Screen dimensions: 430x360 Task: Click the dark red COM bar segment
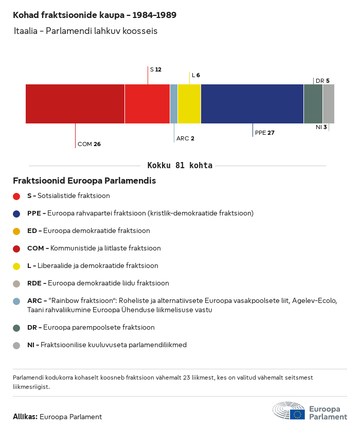pyautogui.click(x=75, y=104)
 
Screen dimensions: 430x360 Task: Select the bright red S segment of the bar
pyautogui.click(x=147, y=104)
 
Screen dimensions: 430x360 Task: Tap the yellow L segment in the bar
pyautogui.click(x=189, y=104)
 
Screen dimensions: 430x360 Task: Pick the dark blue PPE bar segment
pyautogui.click(x=252, y=104)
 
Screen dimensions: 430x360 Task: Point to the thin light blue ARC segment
pyautogui.click(x=174, y=104)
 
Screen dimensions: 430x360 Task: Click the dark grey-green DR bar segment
pyautogui.click(x=313, y=104)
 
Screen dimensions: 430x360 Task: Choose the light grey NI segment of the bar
pyautogui.click(x=329, y=104)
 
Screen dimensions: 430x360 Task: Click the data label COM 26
pyautogui.click(x=89, y=144)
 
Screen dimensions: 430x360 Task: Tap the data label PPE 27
pyautogui.click(x=265, y=133)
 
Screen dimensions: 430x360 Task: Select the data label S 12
pyautogui.click(x=155, y=69)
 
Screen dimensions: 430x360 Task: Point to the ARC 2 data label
pyautogui.click(x=185, y=138)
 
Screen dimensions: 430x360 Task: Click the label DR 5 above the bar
pyautogui.click(x=322, y=81)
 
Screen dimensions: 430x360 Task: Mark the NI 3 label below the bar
pyautogui.click(x=321, y=127)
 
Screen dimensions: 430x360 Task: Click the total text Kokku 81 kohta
pyautogui.click(x=179, y=166)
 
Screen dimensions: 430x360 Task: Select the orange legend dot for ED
pyautogui.click(x=16, y=231)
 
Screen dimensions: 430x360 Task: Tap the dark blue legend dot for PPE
pyautogui.click(x=16, y=213)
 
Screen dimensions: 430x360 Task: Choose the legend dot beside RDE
pyautogui.click(x=16, y=283)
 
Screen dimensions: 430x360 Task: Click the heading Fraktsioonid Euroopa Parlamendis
pyautogui.click(x=84, y=181)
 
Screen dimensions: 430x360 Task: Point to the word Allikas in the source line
pyautogui.click(x=25, y=417)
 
